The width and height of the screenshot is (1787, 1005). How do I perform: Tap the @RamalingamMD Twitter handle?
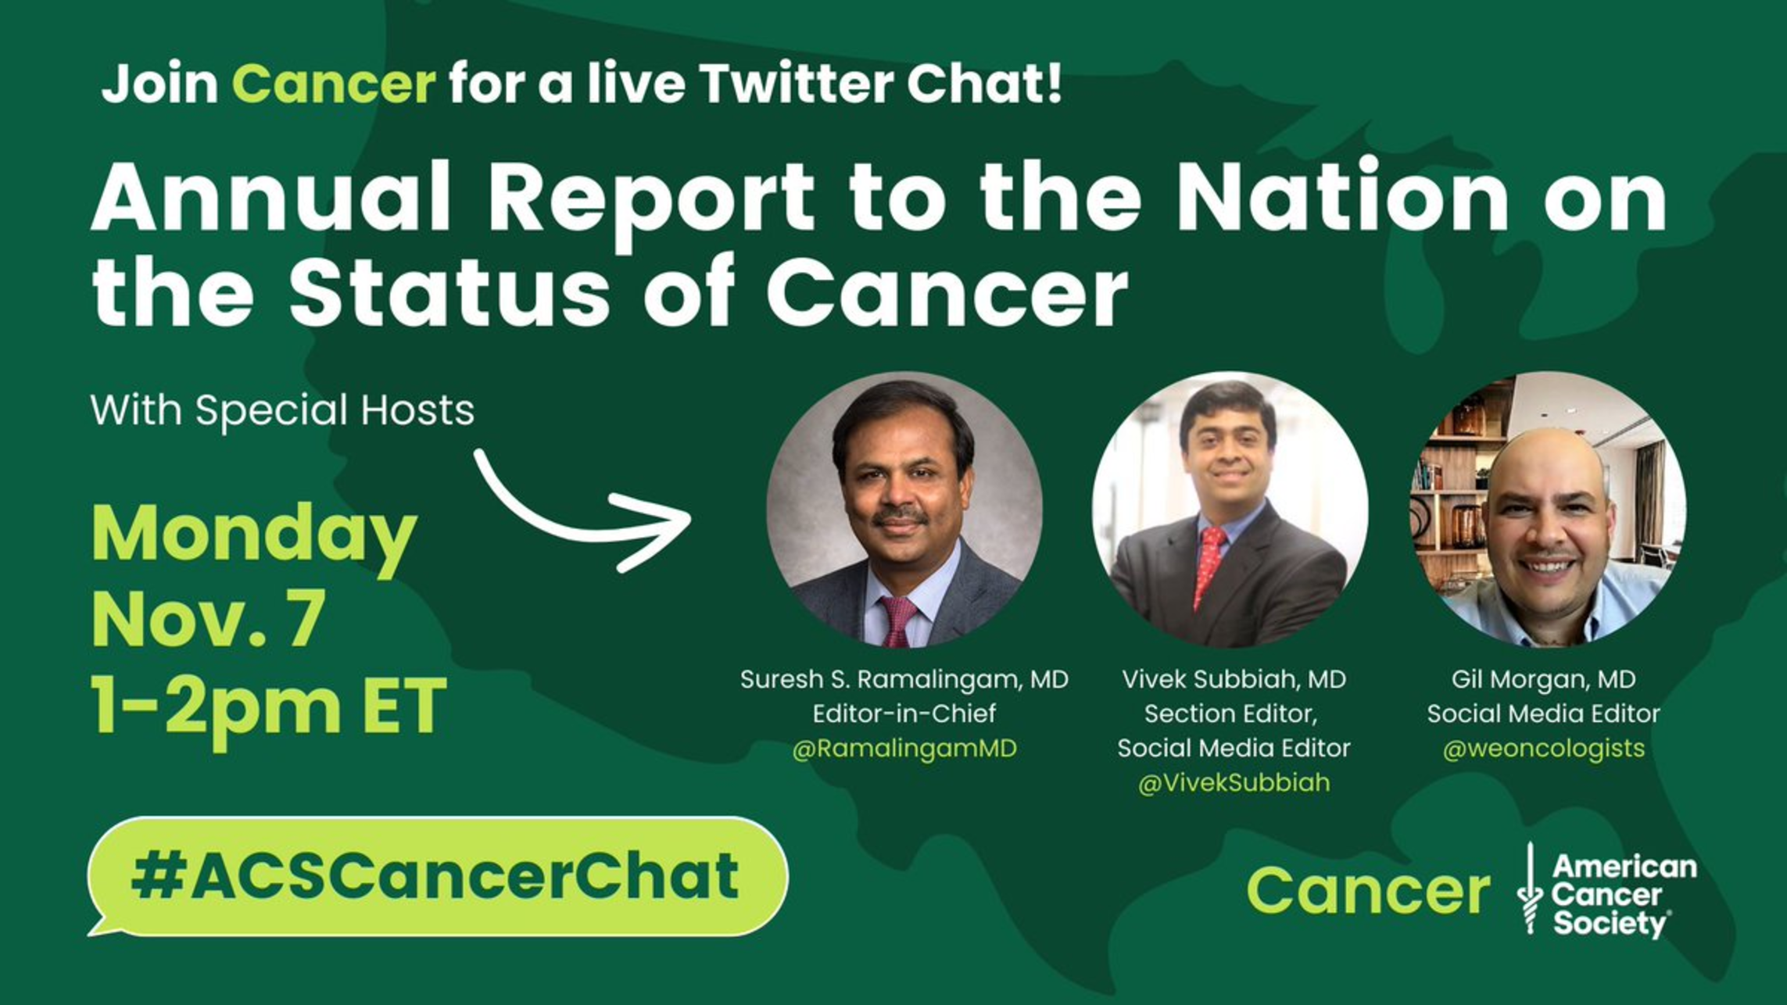click(x=904, y=749)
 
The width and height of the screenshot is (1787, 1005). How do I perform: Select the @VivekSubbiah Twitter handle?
click(x=1234, y=783)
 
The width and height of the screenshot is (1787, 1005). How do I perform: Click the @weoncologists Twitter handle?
click(x=1544, y=749)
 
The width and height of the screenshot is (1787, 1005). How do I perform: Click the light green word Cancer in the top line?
click(x=334, y=84)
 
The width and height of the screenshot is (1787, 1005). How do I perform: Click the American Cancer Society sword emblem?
click(x=1530, y=889)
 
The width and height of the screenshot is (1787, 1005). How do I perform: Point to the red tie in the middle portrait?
click(x=1209, y=567)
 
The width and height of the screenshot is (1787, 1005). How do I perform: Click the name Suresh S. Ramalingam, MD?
click(x=904, y=679)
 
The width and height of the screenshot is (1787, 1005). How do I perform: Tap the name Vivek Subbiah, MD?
click(x=1234, y=679)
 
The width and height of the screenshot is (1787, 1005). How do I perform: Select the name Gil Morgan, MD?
click(x=1544, y=679)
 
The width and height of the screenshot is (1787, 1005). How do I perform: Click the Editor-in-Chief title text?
click(x=904, y=714)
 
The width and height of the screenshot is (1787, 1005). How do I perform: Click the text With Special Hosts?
click(x=282, y=410)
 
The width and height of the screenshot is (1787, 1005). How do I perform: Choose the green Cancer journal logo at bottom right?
click(x=1368, y=890)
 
